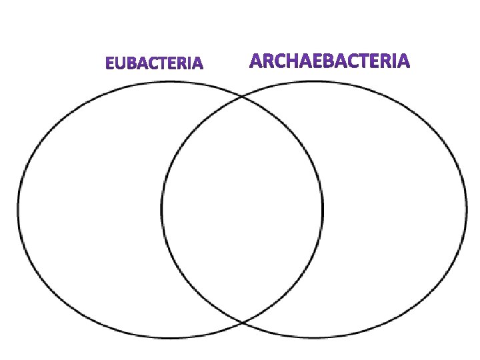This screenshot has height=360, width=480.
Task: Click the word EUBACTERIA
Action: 155,65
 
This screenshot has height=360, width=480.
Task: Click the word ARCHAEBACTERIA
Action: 330,62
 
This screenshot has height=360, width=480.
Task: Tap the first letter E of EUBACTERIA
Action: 110,65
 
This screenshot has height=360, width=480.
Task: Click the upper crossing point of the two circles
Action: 241,97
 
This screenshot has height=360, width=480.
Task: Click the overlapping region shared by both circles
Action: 241,210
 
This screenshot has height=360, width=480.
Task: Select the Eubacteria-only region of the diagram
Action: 90,210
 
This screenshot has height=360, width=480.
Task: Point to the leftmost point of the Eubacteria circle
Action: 17,210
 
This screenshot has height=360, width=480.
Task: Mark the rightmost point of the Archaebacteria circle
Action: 467,210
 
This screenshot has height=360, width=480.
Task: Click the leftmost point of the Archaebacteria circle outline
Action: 161,210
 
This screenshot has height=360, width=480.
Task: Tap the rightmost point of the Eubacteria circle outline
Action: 323,210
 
